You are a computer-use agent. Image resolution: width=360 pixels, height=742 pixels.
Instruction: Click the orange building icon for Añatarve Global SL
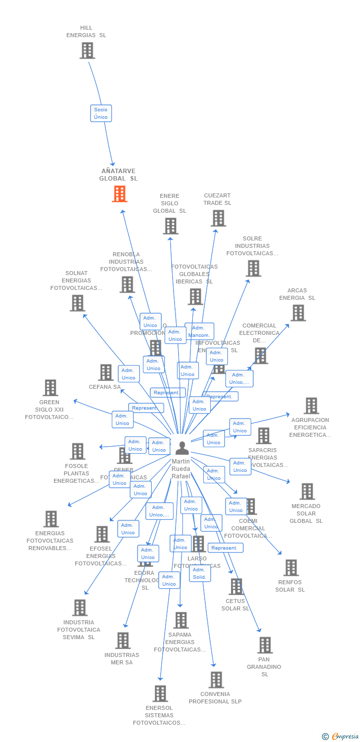pos(120,194)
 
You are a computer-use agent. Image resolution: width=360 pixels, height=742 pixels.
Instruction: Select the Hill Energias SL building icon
pos(87,50)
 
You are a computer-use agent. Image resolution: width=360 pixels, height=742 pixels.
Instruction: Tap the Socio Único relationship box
pos(101,113)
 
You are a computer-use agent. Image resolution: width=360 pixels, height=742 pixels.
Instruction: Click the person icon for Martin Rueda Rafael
pos(182,448)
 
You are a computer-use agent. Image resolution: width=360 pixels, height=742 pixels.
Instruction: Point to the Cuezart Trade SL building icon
pos(218,218)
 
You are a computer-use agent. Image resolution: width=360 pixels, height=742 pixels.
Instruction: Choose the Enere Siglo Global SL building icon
pos(170,226)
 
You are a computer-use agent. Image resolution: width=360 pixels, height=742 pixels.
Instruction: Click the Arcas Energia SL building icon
pos(298,313)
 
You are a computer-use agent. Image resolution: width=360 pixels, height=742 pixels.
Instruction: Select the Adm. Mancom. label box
pos(199,331)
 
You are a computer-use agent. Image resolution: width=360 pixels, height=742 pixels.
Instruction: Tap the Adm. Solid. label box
pos(200,573)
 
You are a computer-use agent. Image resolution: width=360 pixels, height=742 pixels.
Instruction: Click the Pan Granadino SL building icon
pos(265,645)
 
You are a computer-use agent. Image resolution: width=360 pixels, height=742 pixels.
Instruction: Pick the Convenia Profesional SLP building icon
pos(216,680)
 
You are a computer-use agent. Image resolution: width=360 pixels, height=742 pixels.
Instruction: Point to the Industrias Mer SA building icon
pos(123,641)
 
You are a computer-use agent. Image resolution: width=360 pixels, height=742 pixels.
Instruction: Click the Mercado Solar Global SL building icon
pos(307,492)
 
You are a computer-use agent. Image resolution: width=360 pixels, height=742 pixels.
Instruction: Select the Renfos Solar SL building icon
pos(291,568)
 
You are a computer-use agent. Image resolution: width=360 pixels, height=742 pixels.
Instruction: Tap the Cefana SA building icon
pos(106,372)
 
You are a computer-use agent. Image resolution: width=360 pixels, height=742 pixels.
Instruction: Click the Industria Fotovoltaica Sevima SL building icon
pos(80,607)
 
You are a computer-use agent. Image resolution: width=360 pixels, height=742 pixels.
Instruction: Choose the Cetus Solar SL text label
pos(235,604)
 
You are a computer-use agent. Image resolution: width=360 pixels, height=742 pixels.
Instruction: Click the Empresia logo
pos(341,737)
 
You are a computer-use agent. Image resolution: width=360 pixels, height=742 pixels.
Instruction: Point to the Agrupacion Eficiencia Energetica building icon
pos(311,406)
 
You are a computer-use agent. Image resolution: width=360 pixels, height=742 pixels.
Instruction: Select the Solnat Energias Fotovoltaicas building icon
pos(77,303)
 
